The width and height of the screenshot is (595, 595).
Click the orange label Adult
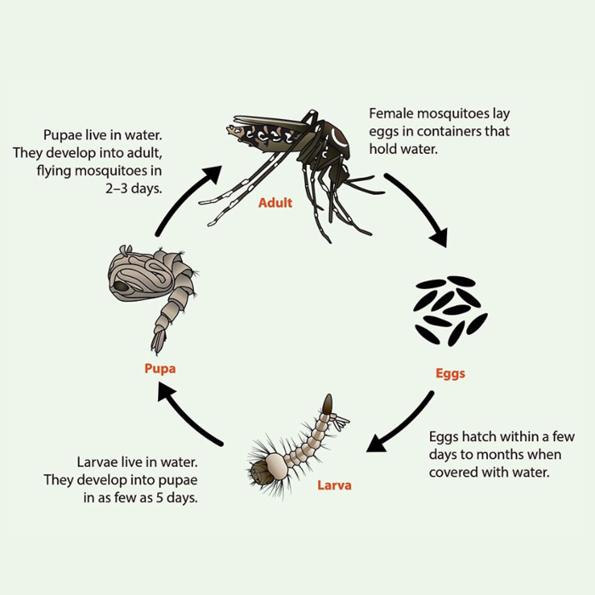click(275, 202)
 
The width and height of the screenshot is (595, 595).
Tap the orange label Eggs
click(450, 373)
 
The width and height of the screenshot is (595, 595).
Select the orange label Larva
click(334, 485)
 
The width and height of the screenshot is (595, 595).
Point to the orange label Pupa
click(160, 368)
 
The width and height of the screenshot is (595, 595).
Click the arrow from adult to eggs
click(422, 205)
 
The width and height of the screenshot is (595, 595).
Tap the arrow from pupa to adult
click(183, 197)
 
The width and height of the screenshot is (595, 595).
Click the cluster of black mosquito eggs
click(450, 311)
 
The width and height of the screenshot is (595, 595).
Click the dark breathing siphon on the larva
click(327, 404)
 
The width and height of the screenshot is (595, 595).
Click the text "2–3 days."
click(133, 189)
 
